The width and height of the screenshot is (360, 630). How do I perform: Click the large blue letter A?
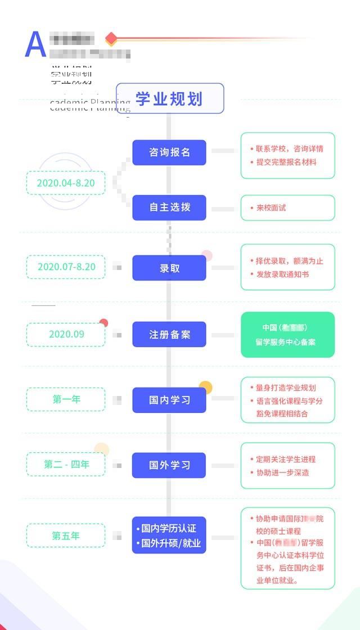[35, 44]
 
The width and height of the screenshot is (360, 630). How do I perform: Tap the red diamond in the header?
[111, 39]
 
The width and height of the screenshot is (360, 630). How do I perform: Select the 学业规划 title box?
[170, 98]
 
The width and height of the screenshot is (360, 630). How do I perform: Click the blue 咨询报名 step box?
[169, 152]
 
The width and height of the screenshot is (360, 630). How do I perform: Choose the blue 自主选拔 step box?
[169, 208]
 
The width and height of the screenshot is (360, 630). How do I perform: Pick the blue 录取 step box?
[169, 268]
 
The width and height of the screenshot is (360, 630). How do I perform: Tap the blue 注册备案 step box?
[169, 334]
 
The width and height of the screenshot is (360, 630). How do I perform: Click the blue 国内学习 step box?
[169, 400]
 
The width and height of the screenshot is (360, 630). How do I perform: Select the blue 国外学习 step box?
[169, 465]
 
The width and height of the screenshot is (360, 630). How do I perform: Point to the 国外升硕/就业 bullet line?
[169, 543]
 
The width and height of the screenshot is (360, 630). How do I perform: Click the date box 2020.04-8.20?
[66, 183]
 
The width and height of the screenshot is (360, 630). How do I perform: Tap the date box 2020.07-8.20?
[66, 267]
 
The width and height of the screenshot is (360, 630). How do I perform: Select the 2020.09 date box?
[66, 334]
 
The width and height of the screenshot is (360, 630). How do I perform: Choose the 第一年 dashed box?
[66, 399]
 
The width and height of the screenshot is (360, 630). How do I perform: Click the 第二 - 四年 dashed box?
[66, 465]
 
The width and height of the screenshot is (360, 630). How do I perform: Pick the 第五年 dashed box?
[66, 535]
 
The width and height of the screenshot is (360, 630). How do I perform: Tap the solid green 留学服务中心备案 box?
[287, 335]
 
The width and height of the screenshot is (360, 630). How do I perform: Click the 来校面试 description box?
[287, 208]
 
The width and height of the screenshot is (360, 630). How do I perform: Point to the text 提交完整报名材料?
[286, 162]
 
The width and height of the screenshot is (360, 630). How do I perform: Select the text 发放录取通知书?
[282, 274]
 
